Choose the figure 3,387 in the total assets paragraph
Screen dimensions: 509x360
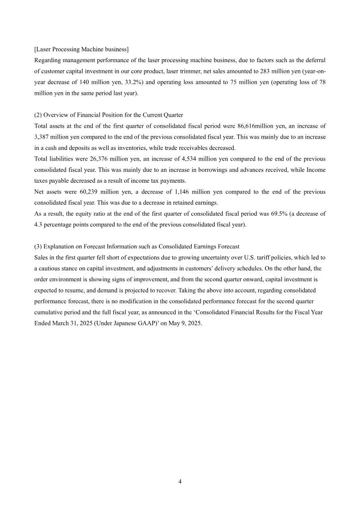pyautogui.click(x=43, y=137)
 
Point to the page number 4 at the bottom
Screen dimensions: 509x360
pyautogui.click(x=180, y=482)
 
